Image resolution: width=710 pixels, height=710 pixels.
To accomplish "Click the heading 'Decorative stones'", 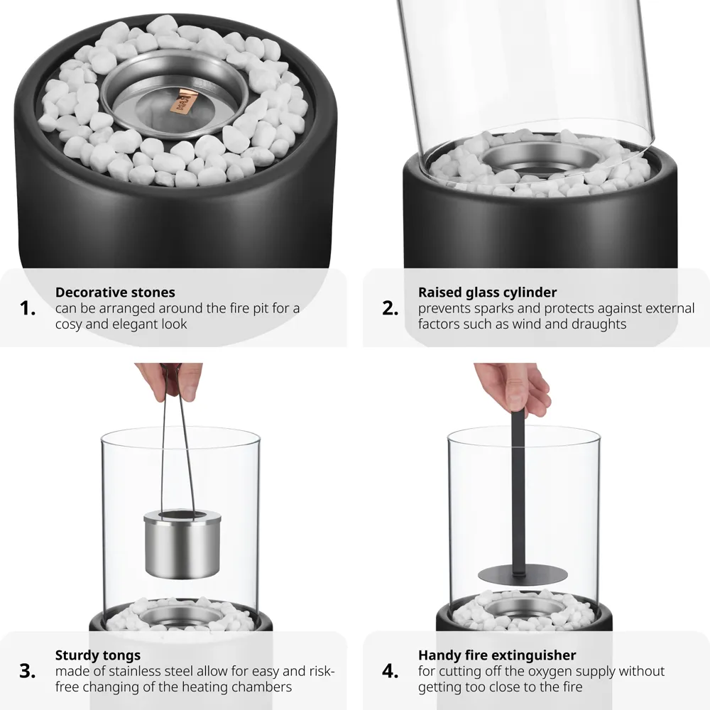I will coord(115,292).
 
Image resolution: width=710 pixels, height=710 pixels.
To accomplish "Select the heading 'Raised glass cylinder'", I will coord(487,292).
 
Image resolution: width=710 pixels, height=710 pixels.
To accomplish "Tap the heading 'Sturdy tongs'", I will coord(98,655).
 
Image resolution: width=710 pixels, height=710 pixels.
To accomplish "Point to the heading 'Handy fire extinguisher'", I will coord(497,655).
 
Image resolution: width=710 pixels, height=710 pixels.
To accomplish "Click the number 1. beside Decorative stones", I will coord(28,308).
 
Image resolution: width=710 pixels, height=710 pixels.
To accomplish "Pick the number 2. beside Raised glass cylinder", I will coord(390,308).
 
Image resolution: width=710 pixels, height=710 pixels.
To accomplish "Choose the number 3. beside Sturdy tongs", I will coord(28,671).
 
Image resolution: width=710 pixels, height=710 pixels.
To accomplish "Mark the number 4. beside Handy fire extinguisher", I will coord(390,671).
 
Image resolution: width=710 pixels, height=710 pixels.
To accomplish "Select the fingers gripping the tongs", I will coord(170,380).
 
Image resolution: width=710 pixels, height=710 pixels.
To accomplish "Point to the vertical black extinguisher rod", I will coord(516,490).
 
